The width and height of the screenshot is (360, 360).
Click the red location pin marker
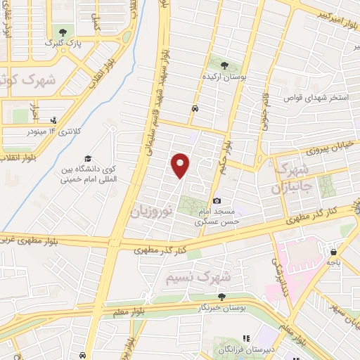(181, 165)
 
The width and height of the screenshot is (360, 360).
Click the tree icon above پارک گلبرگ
(64, 32)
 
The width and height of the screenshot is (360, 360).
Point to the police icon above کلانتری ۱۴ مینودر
(53, 120)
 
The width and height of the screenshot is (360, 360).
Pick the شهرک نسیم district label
(199, 278)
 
